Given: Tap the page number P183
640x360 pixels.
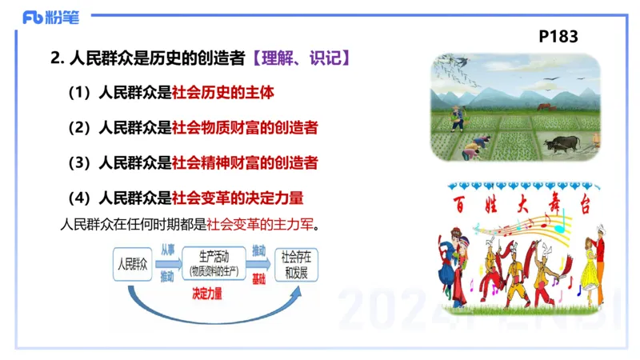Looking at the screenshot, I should (558, 36).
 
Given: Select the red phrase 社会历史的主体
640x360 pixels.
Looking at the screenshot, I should (223, 93).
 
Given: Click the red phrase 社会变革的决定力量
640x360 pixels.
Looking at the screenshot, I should (238, 197).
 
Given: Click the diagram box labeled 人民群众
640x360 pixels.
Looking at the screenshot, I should (133, 263).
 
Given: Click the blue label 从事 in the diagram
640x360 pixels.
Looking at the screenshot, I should (166, 250).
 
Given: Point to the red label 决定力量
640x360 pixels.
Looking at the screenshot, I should (207, 294).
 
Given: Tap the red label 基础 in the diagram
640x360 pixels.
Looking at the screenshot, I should (258, 277).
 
